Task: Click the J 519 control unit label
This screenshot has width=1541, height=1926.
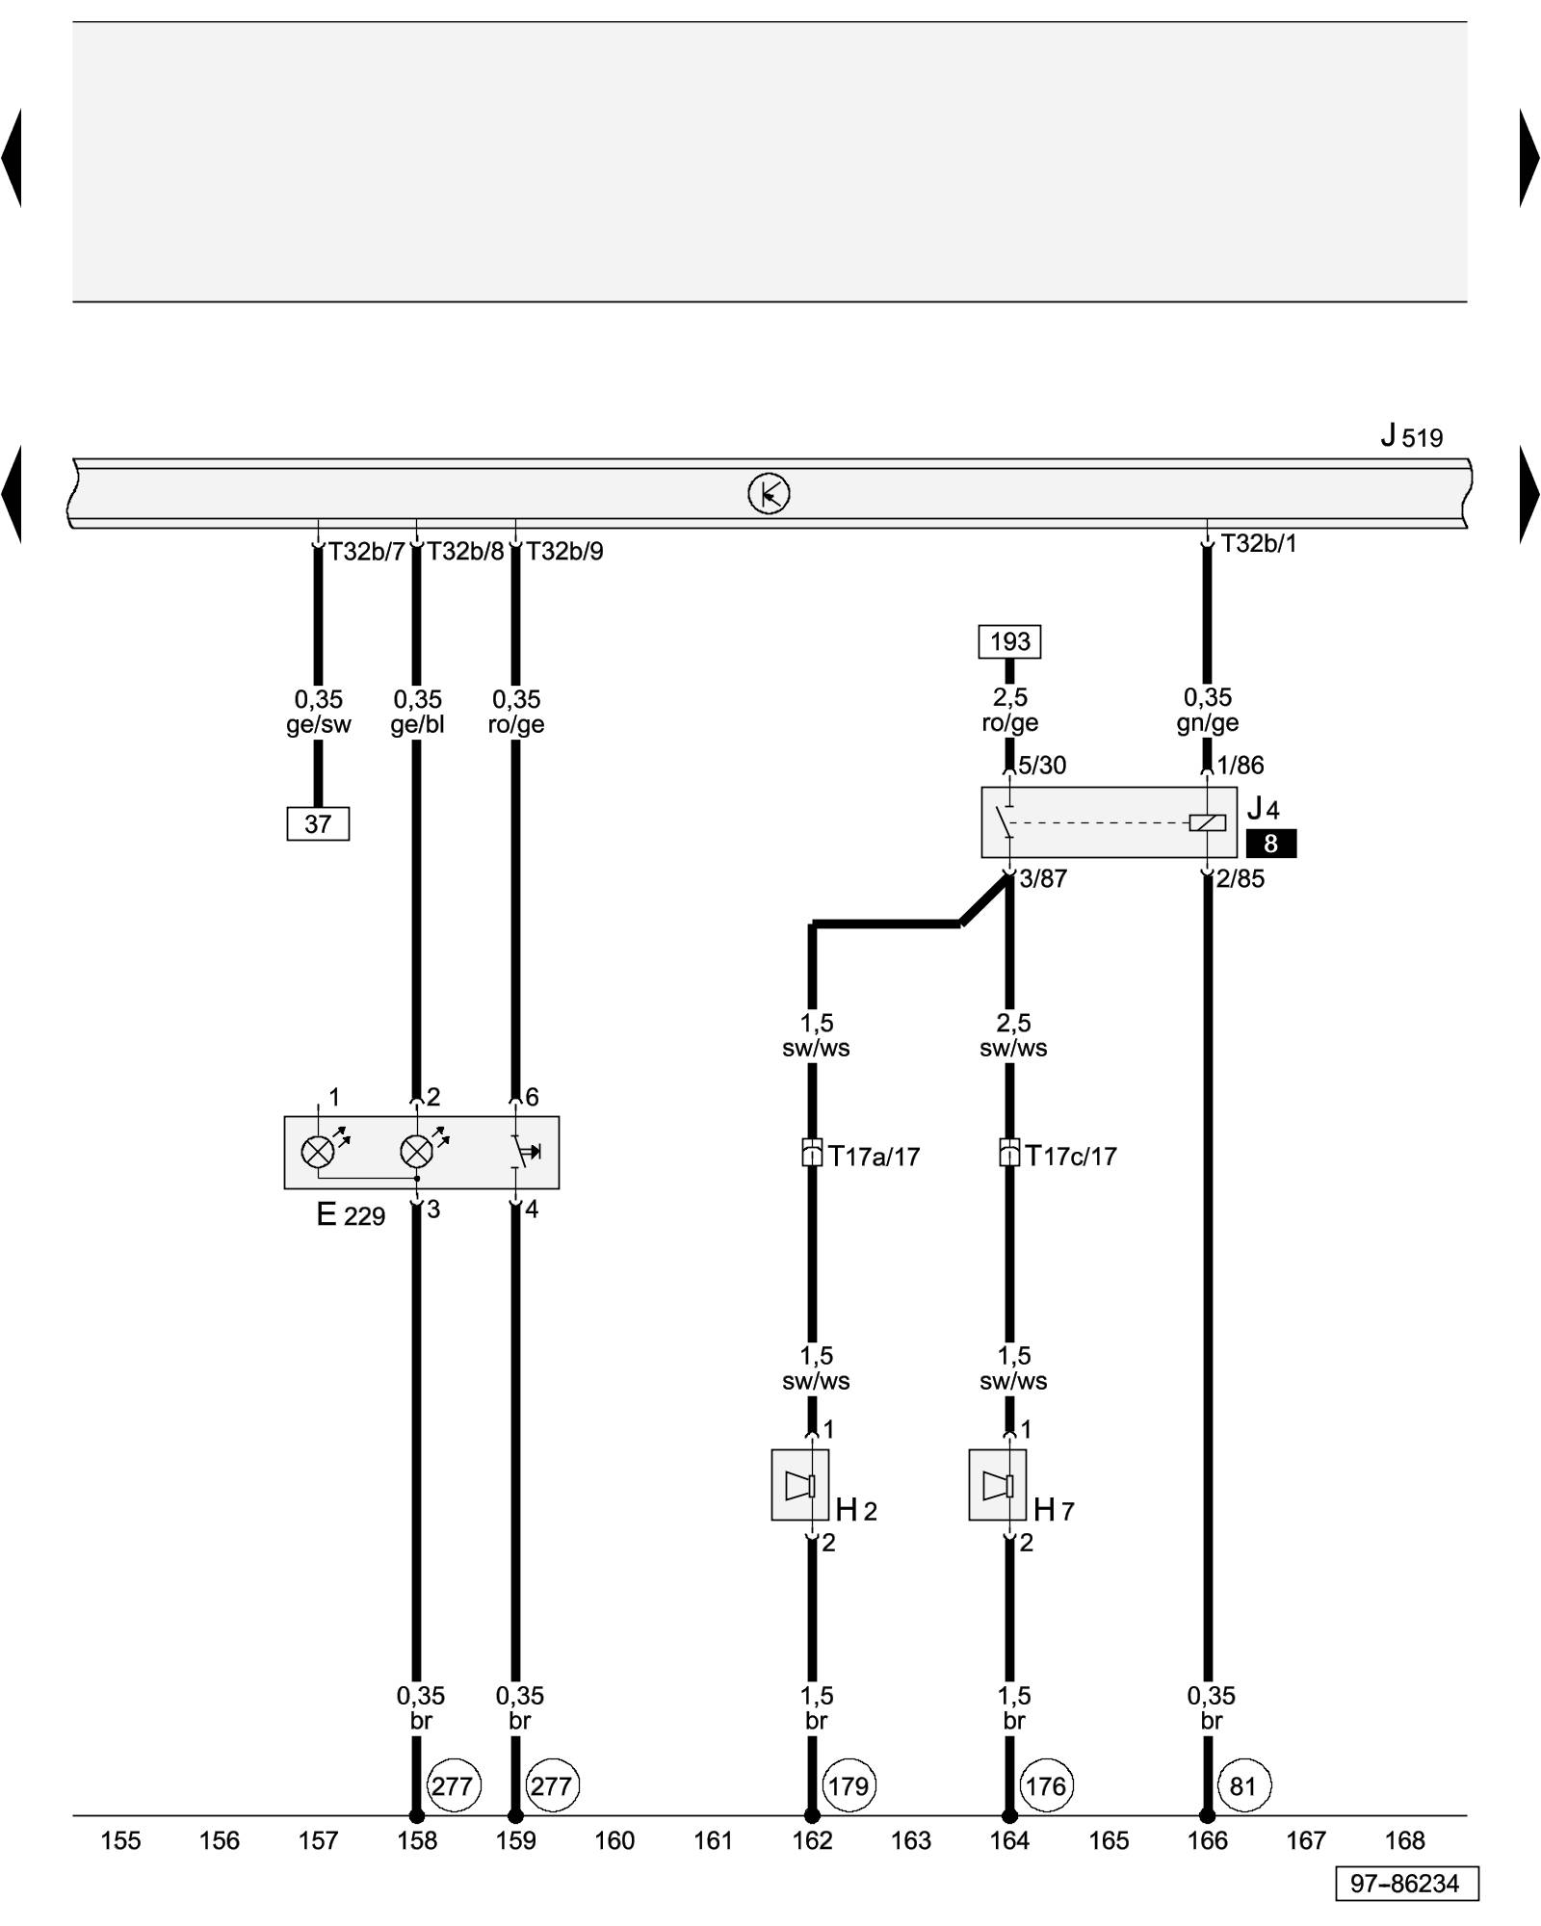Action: [1411, 436]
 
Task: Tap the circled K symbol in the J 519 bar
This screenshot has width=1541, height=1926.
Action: [769, 494]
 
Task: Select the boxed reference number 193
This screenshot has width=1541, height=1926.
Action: [1009, 641]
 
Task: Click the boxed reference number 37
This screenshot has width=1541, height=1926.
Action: [318, 824]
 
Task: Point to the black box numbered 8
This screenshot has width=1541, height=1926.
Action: [1270, 844]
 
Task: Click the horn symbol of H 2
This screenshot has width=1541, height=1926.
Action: [800, 1486]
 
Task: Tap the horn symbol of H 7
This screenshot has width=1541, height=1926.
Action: [998, 1486]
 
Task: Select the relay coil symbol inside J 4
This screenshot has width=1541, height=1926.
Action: [1207, 822]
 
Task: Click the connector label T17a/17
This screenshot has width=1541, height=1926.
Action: [874, 1156]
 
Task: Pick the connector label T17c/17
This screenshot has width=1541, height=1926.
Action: [1071, 1156]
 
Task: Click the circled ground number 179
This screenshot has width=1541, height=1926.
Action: [848, 1786]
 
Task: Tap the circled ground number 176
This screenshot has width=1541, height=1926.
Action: [1046, 1786]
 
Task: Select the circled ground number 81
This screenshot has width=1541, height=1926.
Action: [1243, 1786]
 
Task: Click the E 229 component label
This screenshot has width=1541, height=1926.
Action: [351, 1215]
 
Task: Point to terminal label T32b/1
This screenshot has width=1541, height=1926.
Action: [1259, 544]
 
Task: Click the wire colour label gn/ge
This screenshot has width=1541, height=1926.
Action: [1208, 723]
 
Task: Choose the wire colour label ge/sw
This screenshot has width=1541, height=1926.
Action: [319, 725]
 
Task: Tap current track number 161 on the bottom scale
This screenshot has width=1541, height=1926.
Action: [714, 1840]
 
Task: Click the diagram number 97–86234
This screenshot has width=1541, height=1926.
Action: [1405, 1884]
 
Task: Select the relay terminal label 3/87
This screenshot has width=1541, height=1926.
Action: [1043, 878]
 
